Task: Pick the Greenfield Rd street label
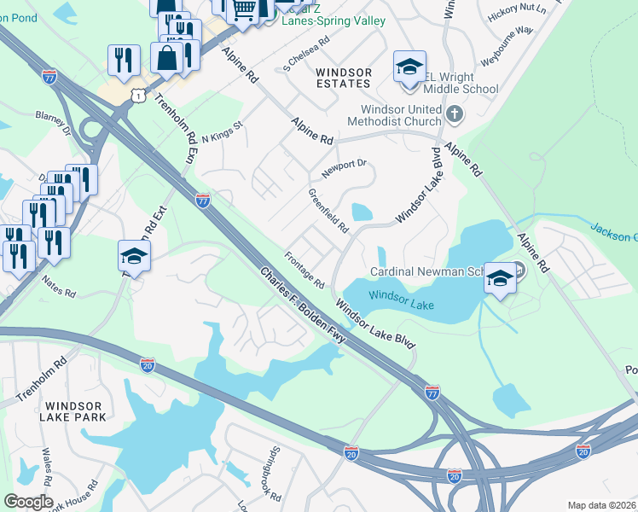pos(328,212)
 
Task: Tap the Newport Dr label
pos(343,166)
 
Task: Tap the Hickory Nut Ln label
pos(516,12)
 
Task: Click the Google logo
pos(28,502)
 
